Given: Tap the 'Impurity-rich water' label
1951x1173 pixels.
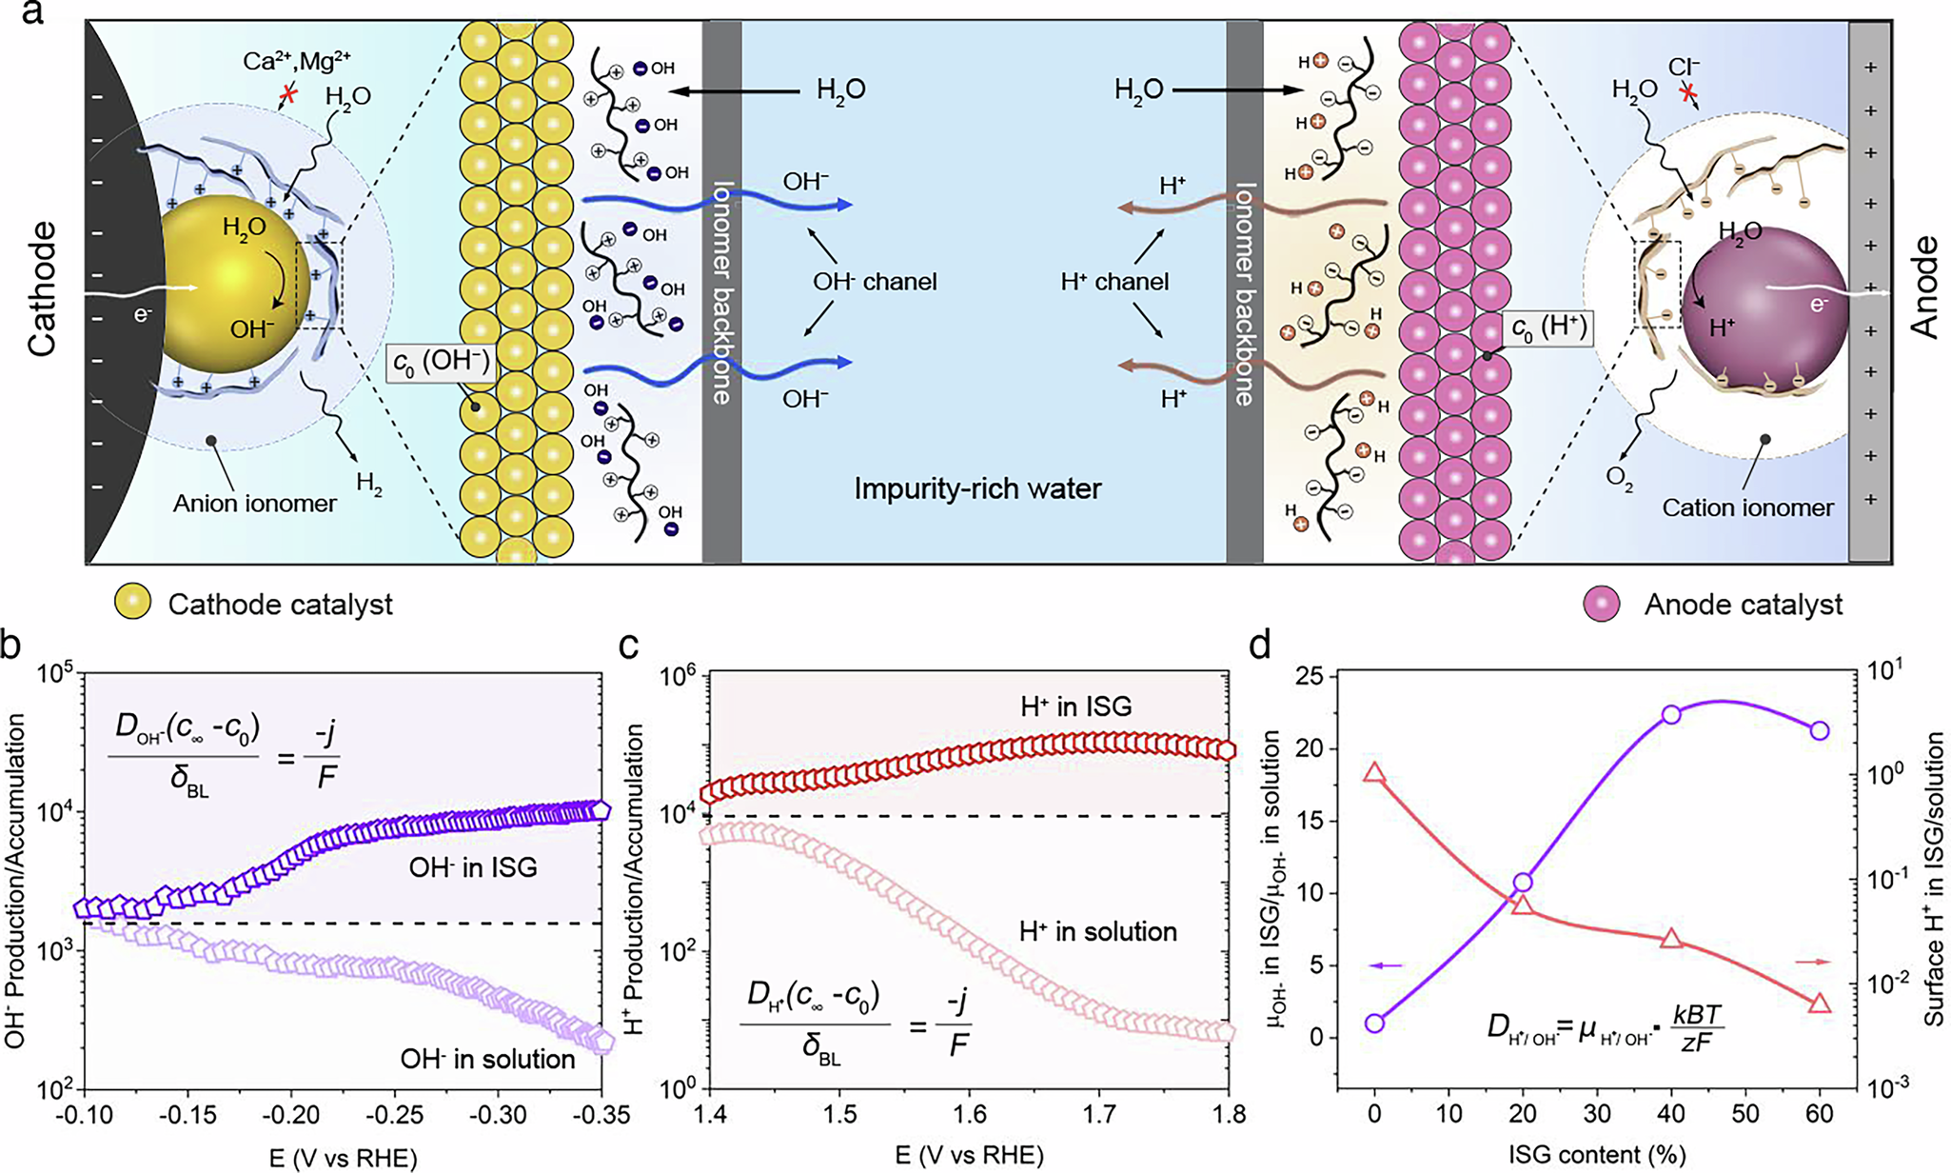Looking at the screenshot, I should tap(977, 489).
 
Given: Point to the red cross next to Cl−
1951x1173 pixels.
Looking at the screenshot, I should tap(1688, 93).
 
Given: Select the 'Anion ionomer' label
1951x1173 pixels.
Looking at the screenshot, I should tap(254, 503).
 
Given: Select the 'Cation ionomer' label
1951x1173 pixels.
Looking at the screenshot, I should tap(1747, 507).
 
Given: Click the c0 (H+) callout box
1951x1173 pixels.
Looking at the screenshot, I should tap(1548, 328).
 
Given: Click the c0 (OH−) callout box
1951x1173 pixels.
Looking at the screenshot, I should tap(439, 364).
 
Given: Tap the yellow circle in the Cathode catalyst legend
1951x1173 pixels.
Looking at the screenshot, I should tap(132, 605).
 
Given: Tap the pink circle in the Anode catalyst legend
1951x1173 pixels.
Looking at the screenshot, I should tap(1603, 605).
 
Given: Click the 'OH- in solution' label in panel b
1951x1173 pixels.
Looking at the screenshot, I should tap(487, 1059).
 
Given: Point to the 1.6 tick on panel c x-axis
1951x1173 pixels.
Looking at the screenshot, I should tap(969, 1114).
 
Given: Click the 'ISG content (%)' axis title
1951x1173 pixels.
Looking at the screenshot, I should tap(1596, 1155).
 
